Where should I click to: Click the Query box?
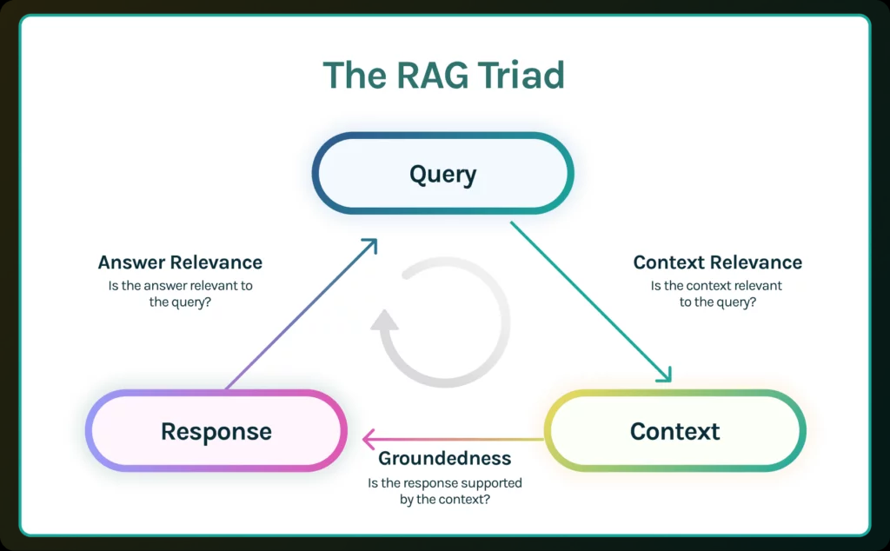(x=442, y=174)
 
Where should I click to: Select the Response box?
(x=216, y=431)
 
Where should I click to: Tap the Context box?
(x=674, y=431)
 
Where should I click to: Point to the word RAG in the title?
(x=427, y=76)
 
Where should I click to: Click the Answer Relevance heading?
(x=180, y=262)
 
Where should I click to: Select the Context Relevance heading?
(x=717, y=262)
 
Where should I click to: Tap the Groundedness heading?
(x=445, y=459)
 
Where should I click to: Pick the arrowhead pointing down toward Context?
(x=664, y=375)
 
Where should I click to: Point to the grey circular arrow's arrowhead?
(x=384, y=321)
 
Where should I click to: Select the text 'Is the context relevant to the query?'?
(x=716, y=294)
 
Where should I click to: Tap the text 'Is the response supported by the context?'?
(x=445, y=491)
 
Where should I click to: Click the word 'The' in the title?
(x=351, y=76)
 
